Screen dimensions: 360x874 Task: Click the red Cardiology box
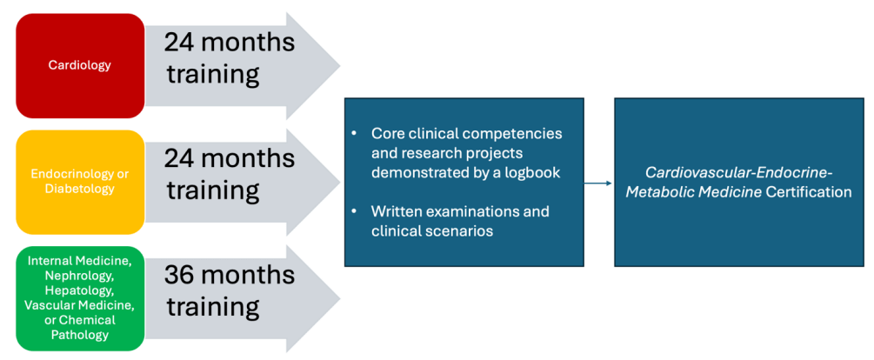pos(79,65)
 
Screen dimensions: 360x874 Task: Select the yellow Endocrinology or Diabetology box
pos(79,182)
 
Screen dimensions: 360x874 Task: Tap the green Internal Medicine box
pos(79,297)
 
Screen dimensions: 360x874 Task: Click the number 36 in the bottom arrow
pos(183,274)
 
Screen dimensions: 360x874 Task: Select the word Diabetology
pos(79,188)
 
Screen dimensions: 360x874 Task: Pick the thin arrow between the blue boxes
pos(598,183)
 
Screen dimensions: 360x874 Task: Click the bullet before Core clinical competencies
pos(355,134)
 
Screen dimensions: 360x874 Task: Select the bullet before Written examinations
pos(355,211)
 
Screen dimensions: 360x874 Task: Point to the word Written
pos(397,211)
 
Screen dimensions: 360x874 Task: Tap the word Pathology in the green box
pos(79,334)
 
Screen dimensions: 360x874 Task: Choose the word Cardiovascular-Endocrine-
pos(733,172)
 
